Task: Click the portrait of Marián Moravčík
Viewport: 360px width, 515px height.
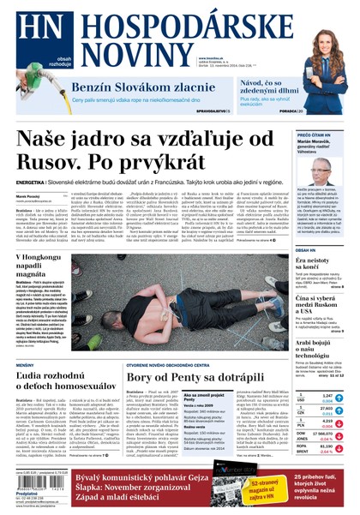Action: tap(321, 169)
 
